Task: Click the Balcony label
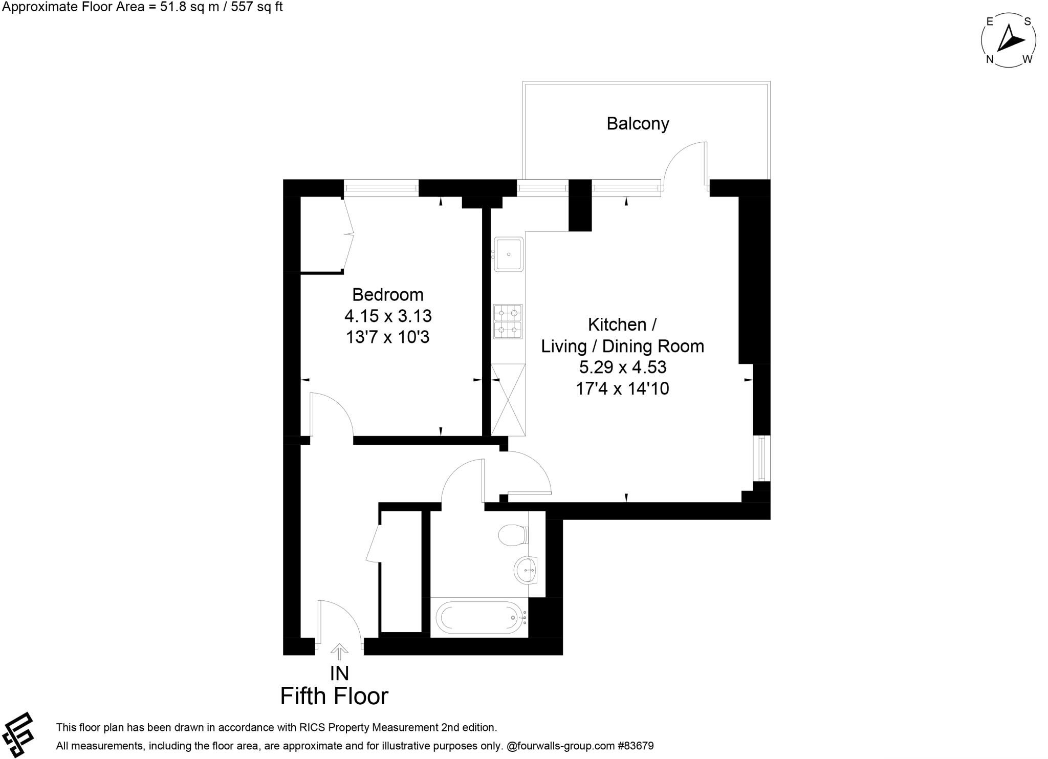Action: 638,124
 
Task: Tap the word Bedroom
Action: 388,295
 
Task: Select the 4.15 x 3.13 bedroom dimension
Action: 388,316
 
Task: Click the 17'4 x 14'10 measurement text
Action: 622,389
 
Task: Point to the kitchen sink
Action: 508,254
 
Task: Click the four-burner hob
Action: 508,321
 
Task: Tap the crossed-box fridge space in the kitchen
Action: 508,399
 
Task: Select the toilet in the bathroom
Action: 513,535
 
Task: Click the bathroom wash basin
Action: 526,570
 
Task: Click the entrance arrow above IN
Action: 339,652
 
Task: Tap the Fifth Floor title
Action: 334,696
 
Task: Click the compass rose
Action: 1009,40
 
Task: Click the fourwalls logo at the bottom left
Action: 17,734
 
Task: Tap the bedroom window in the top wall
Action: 381,188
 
